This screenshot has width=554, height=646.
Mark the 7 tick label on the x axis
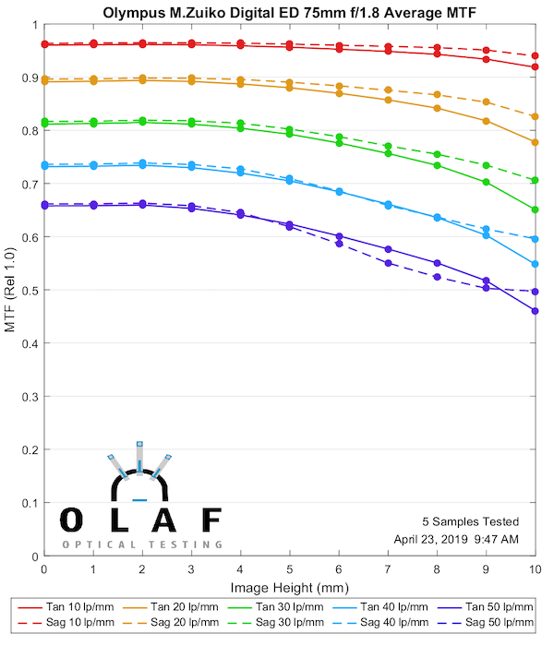tap(388, 570)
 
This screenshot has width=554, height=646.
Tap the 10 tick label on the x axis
tap(535, 570)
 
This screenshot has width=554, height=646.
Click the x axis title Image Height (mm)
tap(289, 587)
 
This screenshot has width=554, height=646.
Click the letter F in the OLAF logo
tap(211, 520)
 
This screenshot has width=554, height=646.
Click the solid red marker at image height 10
tap(536, 66)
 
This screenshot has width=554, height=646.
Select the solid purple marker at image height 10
tap(536, 311)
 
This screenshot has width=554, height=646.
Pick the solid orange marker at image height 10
tap(536, 142)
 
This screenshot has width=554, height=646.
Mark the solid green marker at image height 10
tap(536, 209)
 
